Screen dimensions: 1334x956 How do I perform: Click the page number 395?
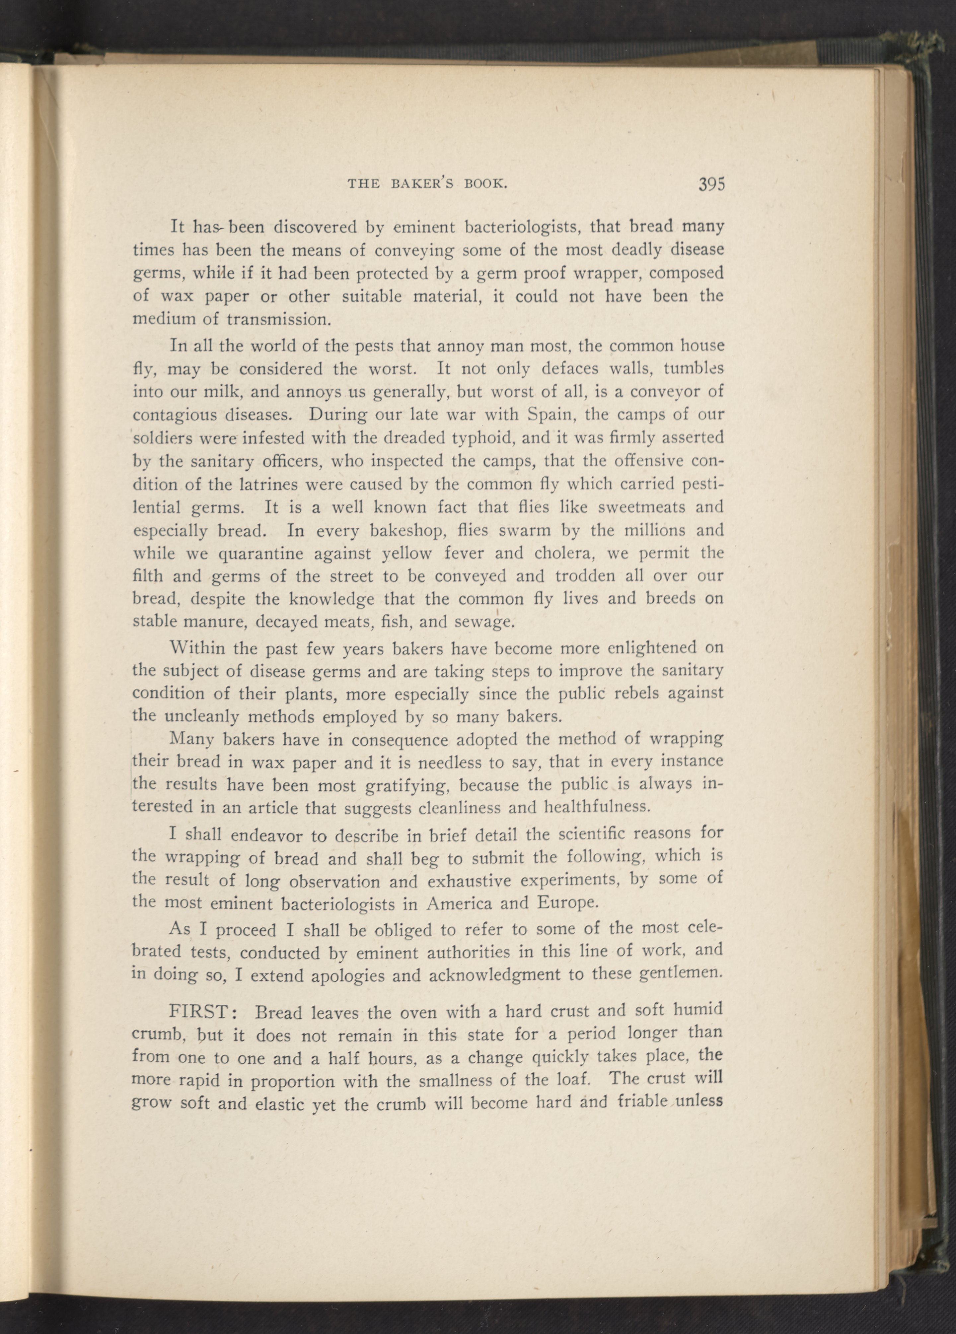[711, 184]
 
